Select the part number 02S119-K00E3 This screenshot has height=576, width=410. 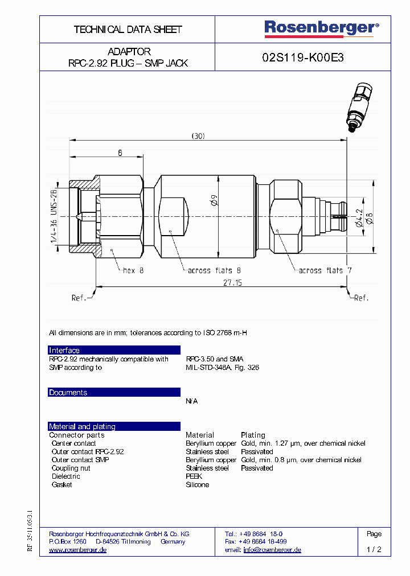coord(302,57)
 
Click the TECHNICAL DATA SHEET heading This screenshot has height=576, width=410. coord(128,29)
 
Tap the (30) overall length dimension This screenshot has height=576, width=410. coord(198,135)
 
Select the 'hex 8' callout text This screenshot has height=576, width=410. coord(134,271)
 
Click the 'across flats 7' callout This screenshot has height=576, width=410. coord(325,271)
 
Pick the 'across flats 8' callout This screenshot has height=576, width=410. coord(214,271)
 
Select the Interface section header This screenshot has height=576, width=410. coord(64,351)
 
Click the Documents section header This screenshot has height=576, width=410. coord(68,393)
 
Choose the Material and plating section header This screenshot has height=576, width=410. coord(82,426)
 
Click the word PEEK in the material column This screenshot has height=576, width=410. coord(194,476)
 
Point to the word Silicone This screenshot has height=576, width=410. coord(197,485)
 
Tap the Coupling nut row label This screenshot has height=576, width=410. coord(71,468)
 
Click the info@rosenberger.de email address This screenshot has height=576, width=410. coord(272,550)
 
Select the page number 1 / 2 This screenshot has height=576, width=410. coord(374,550)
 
